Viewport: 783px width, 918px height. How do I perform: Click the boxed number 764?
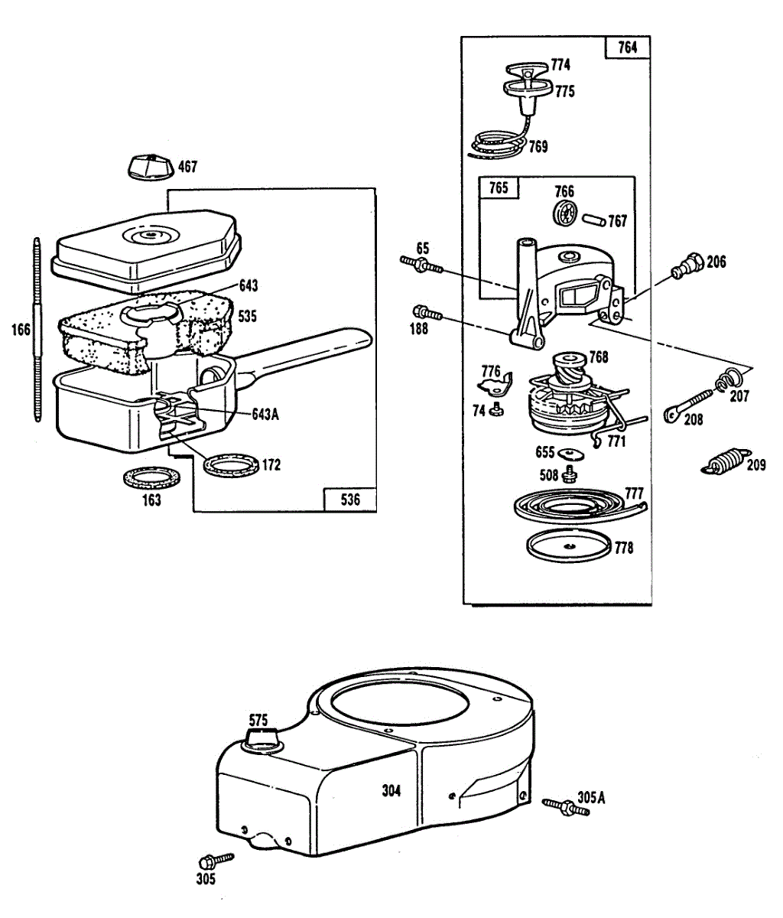[626, 47]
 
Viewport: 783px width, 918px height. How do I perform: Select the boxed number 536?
[349, 500]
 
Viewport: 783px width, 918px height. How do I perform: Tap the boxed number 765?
[498, 187]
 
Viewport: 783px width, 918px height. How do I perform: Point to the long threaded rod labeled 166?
[35, 329]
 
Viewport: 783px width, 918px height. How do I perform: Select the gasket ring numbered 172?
[230, 464]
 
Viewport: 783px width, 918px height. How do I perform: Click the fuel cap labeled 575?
[259, 739]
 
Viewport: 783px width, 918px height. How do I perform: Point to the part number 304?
[391, 791]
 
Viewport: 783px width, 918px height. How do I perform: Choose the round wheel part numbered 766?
[564, 214]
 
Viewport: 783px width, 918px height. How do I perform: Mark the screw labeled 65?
[421, 265]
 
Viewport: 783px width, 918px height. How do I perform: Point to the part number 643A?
[265, 414]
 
